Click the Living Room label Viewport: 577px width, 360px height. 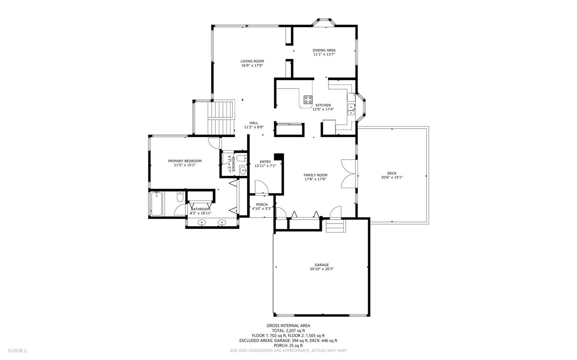(252, 61)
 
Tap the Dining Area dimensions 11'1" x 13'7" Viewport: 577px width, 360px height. (324, 54)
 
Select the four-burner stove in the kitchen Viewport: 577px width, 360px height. (308, 99)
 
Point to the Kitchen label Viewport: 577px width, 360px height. (323, 105)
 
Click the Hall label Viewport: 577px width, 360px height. (254, 123)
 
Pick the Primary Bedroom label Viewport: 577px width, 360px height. (185, 161)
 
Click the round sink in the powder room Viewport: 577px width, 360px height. (243, 170)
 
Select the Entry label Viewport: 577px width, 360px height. (265, 162)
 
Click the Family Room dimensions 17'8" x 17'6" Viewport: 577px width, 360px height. (315, 179)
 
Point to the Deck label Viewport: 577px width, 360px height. (392, 173)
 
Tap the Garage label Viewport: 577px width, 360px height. (322, 265)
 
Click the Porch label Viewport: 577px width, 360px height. (262, 205)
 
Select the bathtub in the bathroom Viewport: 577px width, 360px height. (157, 204)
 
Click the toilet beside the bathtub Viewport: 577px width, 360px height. (180, 197)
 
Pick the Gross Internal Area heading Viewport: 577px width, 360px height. (288, 326)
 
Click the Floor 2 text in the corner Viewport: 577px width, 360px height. (17, 351)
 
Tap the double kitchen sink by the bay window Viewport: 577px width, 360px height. (351, 110)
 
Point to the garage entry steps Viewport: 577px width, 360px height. (336, 226)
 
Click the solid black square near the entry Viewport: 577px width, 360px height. (279, 157)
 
